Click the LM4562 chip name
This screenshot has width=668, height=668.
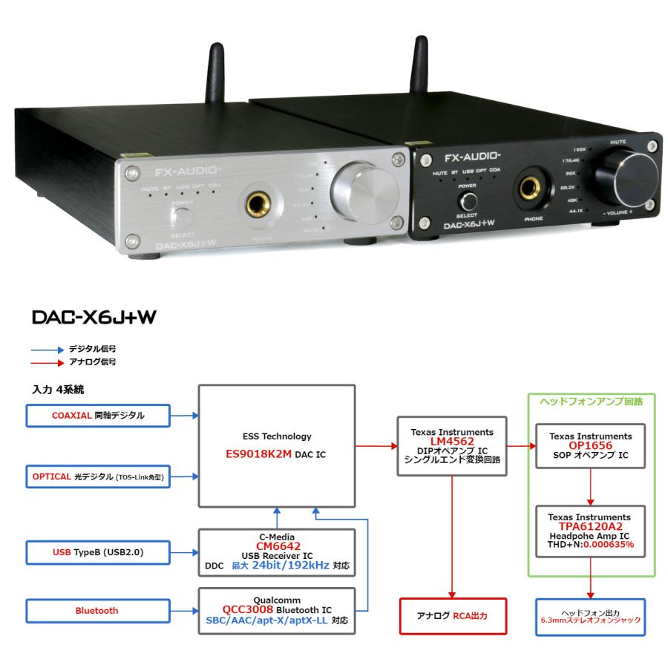point(452,441)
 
